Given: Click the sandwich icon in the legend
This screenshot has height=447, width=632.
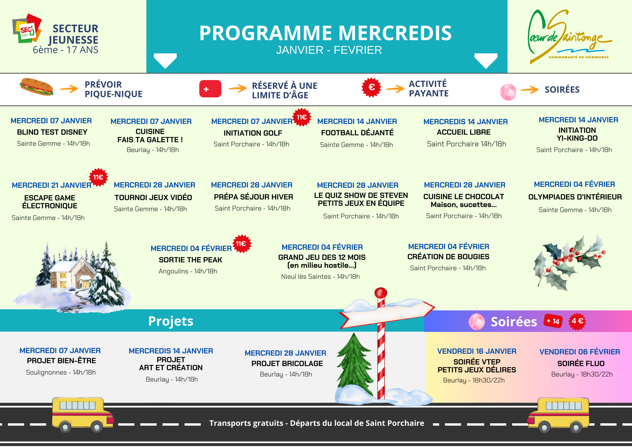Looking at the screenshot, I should click(36, 87).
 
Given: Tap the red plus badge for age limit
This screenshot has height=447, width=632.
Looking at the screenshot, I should click(210, 89).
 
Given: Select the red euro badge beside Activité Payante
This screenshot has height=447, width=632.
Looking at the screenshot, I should click(371, 87).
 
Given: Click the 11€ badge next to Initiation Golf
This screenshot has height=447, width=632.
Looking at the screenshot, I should click(302, 117).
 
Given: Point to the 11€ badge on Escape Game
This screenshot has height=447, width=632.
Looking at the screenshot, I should click(98, 177).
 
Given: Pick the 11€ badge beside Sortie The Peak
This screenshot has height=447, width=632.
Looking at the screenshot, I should click(242, 244).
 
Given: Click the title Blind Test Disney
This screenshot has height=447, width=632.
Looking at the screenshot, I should click(52, 132).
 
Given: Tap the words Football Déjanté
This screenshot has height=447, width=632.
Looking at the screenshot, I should click(357, 133).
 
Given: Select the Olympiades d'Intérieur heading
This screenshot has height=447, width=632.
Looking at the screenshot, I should click(575, 197).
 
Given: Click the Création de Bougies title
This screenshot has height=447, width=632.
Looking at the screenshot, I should click(448, 257).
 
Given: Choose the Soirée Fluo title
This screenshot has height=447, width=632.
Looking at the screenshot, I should click(581, 364).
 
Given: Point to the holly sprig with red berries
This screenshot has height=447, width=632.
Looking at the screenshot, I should click(569, 262).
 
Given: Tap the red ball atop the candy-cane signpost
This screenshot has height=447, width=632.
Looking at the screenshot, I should click(381, 292).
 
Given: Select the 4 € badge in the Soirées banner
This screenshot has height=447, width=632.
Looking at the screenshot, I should click(577, 321).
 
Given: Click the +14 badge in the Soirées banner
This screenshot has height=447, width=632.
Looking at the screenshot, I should click(553, 321).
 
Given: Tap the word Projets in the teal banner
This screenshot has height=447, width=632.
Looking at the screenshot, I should click(171, 321).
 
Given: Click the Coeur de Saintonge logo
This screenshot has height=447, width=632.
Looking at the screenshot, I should click(569, 36).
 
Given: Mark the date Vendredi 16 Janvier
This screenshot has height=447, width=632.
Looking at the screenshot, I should click(477, 351).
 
